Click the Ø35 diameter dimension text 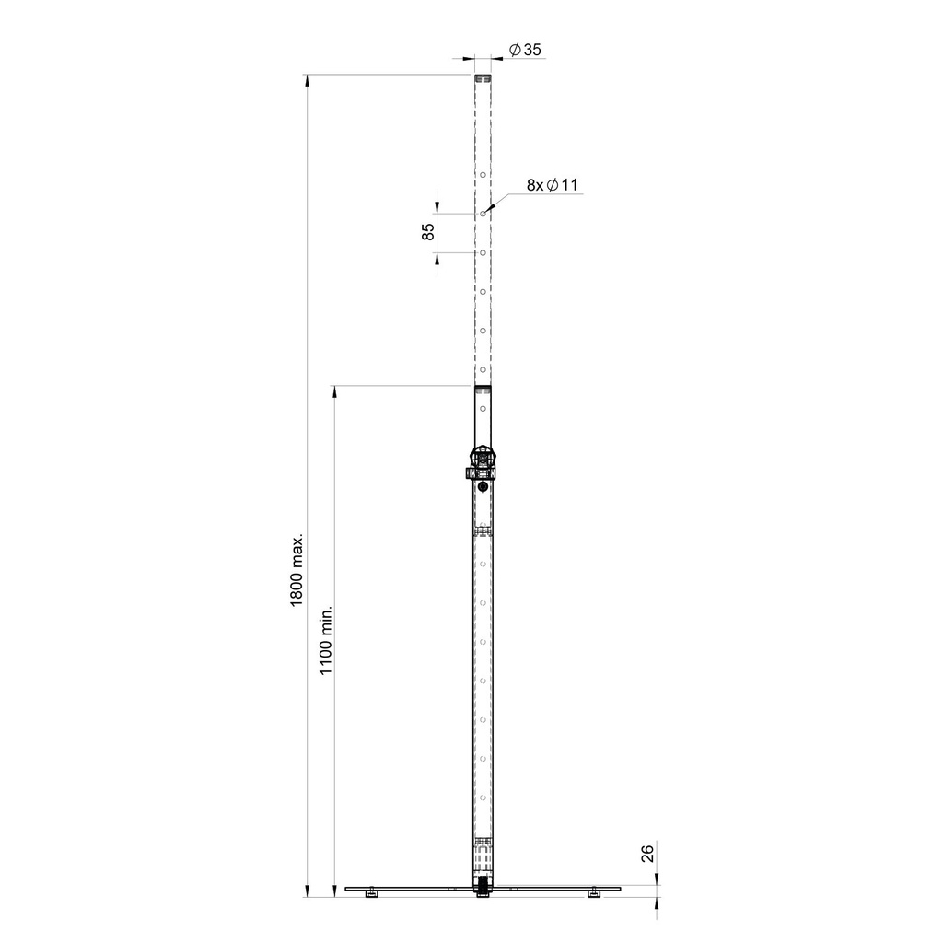coord(524,51)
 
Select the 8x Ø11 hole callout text coord(552,185)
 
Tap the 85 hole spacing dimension coord(428,232)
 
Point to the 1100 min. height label coord(325,642)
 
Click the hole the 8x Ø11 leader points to coord(483,213)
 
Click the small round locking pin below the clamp coord(483,486)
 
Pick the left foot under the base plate coord(370,893)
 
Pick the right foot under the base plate coord(594,893)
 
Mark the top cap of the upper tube coord(483,78)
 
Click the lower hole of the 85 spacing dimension coord(483,251)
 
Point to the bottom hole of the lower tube coord(483,797)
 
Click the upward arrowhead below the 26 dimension coord(657,902)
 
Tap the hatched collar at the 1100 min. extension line coord(483,390)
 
